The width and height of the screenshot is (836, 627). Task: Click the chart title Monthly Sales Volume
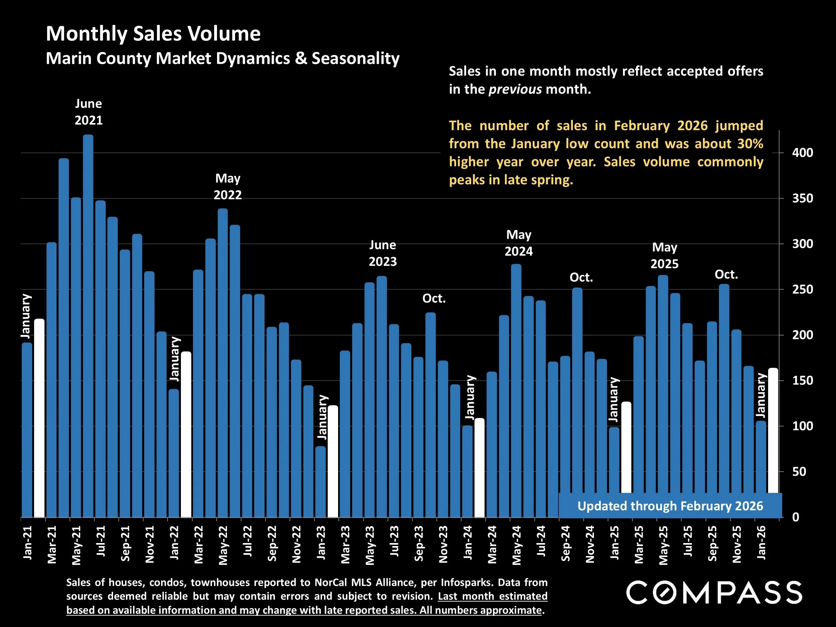(153, 34)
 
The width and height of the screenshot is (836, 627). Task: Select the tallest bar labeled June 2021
(88, 325)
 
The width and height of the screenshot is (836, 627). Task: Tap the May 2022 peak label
(227, 187)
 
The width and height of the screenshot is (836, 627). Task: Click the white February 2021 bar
(39, 418)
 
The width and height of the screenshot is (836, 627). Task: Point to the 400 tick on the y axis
(802, 153)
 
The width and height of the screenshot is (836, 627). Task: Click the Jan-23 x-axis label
(321, 543)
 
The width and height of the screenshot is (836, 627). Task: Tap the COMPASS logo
(714, 593)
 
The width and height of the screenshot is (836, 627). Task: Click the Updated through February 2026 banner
(670, 506)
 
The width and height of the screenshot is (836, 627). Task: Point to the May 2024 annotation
(519, 243)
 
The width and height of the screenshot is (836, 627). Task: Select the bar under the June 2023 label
(382, 397)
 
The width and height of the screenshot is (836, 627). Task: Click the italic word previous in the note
(515, 90)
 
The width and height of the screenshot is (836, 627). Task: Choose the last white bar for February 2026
(773, 431)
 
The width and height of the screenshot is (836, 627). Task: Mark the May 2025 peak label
(664, 255)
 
